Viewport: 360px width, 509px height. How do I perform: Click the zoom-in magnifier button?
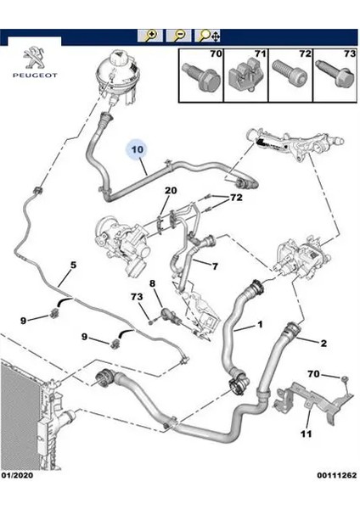pos(150,36)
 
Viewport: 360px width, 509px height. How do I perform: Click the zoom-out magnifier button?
pos(178,36)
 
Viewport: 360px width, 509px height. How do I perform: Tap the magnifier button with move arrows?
pos(207,36)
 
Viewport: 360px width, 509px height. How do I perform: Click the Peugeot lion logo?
pos(35,58)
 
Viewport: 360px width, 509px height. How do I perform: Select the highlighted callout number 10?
pos(138,149)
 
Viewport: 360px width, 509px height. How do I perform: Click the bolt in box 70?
pos(201,76)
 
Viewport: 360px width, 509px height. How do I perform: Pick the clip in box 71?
pos(245,76)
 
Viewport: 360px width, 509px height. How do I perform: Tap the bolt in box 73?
pos(335,74)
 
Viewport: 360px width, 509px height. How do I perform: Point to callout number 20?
pos(171,190)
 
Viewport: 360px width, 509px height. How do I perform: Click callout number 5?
pos(73,265)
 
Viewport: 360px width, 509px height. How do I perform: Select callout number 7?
pos(215,266)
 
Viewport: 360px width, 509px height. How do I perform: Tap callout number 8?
pos(152,283)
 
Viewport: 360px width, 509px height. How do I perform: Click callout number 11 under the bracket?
pos(306,433)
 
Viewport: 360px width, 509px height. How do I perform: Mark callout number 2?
pos(323,343)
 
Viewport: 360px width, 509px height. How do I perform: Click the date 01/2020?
pos(17,476)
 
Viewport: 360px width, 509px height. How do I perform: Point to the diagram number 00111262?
pos(337,476)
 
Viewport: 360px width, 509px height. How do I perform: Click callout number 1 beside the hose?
pos(260,324)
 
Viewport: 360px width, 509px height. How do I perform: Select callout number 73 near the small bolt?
pos(137,297)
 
